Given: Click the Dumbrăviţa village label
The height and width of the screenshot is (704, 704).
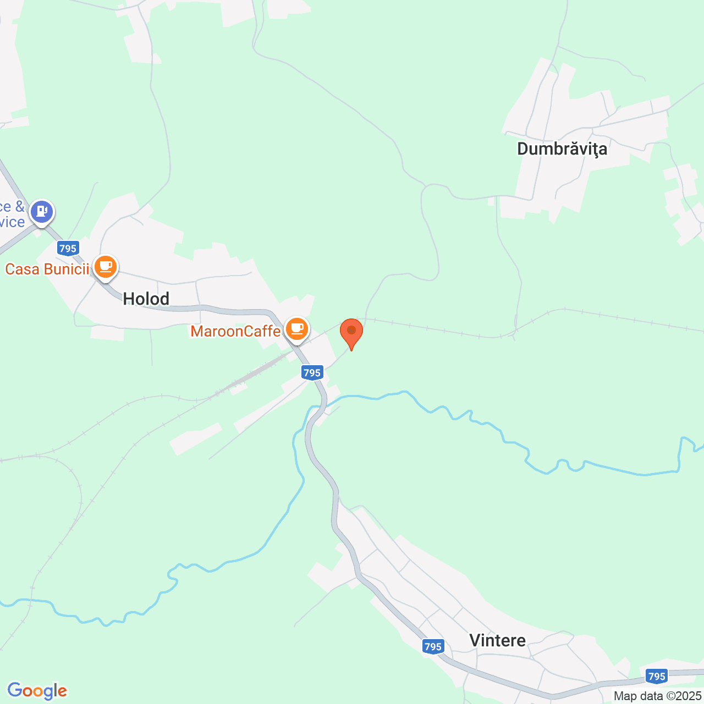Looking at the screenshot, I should [x=562, y=149].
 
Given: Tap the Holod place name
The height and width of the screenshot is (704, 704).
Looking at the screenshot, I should [x=146, y=299].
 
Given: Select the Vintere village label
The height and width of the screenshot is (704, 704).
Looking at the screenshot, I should [x=497, y=640].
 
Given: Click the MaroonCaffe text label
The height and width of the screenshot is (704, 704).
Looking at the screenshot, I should [x=235, y=331].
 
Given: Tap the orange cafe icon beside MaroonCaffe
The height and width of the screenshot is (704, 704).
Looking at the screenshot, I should [x=297, y=329].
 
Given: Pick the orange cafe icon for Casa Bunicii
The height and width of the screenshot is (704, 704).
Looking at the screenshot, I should [x=106, y=267].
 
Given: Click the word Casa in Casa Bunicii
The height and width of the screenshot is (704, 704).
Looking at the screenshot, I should [x=23, y=269].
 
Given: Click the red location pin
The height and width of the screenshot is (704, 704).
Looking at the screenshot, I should [x=351, y=332].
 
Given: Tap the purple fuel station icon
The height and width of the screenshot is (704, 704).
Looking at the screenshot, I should [x=42, y=211].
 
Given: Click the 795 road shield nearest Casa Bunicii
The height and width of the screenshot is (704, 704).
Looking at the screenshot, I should [x=68, y=249].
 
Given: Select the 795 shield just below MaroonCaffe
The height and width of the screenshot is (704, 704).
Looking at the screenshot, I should [x=312, y=373].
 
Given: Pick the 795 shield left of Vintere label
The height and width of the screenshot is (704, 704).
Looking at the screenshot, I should [x=433, y=647].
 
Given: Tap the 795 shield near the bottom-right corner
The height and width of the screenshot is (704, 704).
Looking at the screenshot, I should [x=657, y=676].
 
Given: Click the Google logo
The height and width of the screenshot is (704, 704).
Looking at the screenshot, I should [x=37, y=691].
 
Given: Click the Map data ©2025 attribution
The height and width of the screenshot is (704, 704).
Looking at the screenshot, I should [x=657, y=696].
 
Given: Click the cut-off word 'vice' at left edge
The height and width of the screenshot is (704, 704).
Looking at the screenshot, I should [x=12, y=222].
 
